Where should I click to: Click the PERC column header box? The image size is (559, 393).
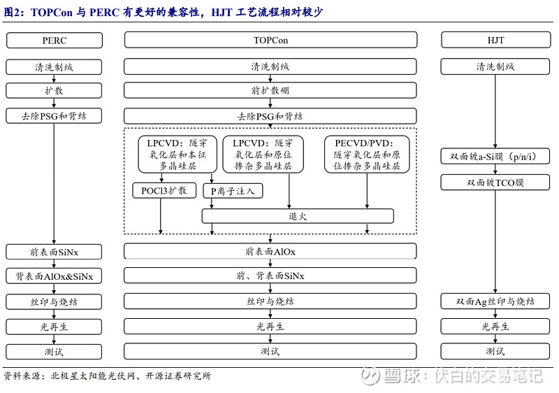(55, 41)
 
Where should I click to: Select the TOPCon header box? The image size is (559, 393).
(270, 40)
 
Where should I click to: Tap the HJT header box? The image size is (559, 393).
(495, 40)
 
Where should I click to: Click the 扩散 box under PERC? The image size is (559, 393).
(54, 91)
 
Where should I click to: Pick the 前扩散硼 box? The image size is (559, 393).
(270, 90)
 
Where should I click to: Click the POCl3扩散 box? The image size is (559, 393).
(164, 190)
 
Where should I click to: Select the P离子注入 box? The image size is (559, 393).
(233, 191)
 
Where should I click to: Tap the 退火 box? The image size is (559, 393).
(298, 216)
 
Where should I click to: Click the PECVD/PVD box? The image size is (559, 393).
(367, 155)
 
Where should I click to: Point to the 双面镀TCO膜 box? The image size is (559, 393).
(495, 183)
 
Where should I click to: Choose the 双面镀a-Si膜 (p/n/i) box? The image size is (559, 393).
(495, 156)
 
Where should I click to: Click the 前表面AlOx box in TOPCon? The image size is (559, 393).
(270, 252)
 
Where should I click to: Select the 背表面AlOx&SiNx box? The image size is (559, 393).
(54, 276)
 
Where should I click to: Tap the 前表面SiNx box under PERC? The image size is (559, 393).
(54, 252)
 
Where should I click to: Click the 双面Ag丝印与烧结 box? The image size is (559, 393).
(495, 301)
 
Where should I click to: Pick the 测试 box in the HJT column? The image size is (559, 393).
(495, 351)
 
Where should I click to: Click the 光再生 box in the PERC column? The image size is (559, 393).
(54, 327)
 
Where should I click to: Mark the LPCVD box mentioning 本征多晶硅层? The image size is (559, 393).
(177, 154)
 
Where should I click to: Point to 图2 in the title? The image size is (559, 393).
(13, 13)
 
